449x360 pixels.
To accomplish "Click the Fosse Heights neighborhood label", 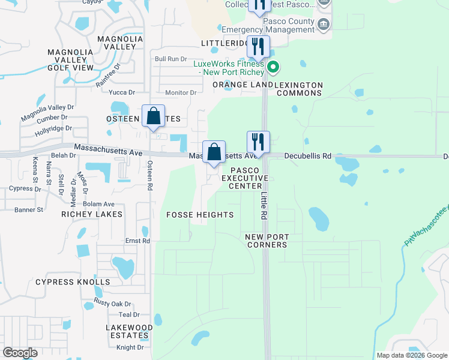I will click(199, 215).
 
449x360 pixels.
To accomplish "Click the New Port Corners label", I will click(266, 241).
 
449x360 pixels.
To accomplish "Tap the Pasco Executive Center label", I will click(244, 178).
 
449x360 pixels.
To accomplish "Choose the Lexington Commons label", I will click(299, 89).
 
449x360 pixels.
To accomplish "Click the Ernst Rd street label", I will click(137, 241).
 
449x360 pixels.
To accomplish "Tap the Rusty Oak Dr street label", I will click(112, 304).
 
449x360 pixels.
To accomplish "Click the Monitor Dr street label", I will click(181, 92).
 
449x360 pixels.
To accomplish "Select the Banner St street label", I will click(29, 210).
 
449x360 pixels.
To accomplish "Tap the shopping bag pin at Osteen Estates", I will click(153, 116).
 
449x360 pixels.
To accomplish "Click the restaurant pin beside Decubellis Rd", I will click(258, 142).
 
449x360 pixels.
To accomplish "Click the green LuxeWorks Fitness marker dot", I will click(273, 67).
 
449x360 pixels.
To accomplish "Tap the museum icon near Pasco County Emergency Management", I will click(324, 24).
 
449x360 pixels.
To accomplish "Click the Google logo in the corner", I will click(20, 353).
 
